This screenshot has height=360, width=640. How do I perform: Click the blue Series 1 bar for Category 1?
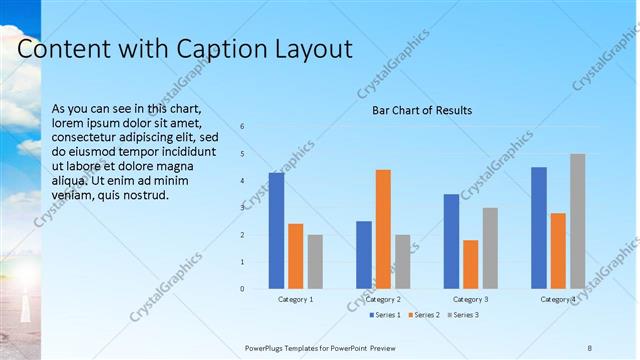(x=276, y=231)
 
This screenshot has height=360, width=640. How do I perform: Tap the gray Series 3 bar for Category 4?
(x=578, y=221)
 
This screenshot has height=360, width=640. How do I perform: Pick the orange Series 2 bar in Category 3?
(x=470, y=264)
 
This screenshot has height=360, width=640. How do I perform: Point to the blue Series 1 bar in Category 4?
(x=539, y=228)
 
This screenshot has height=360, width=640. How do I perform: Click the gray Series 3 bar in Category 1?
(x=315, y=262)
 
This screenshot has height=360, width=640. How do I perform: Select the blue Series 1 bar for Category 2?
(x=363, y=255)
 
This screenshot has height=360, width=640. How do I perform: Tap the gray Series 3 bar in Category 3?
(x=490, y=248)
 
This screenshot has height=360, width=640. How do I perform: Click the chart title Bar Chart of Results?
(x=422, y=110)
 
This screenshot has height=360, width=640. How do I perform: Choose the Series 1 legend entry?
(x=385, y=316)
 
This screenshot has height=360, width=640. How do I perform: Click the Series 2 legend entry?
(x=424, y=316)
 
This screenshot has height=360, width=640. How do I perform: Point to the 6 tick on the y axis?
(x=242, y=126)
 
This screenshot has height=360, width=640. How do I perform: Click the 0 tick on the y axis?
(x=242, y=289)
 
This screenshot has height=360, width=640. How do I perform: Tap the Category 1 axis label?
(x=295, y=299)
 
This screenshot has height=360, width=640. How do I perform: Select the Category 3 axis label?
(x=470, y=299)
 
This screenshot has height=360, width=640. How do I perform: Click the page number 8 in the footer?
(x=589, y=347)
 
